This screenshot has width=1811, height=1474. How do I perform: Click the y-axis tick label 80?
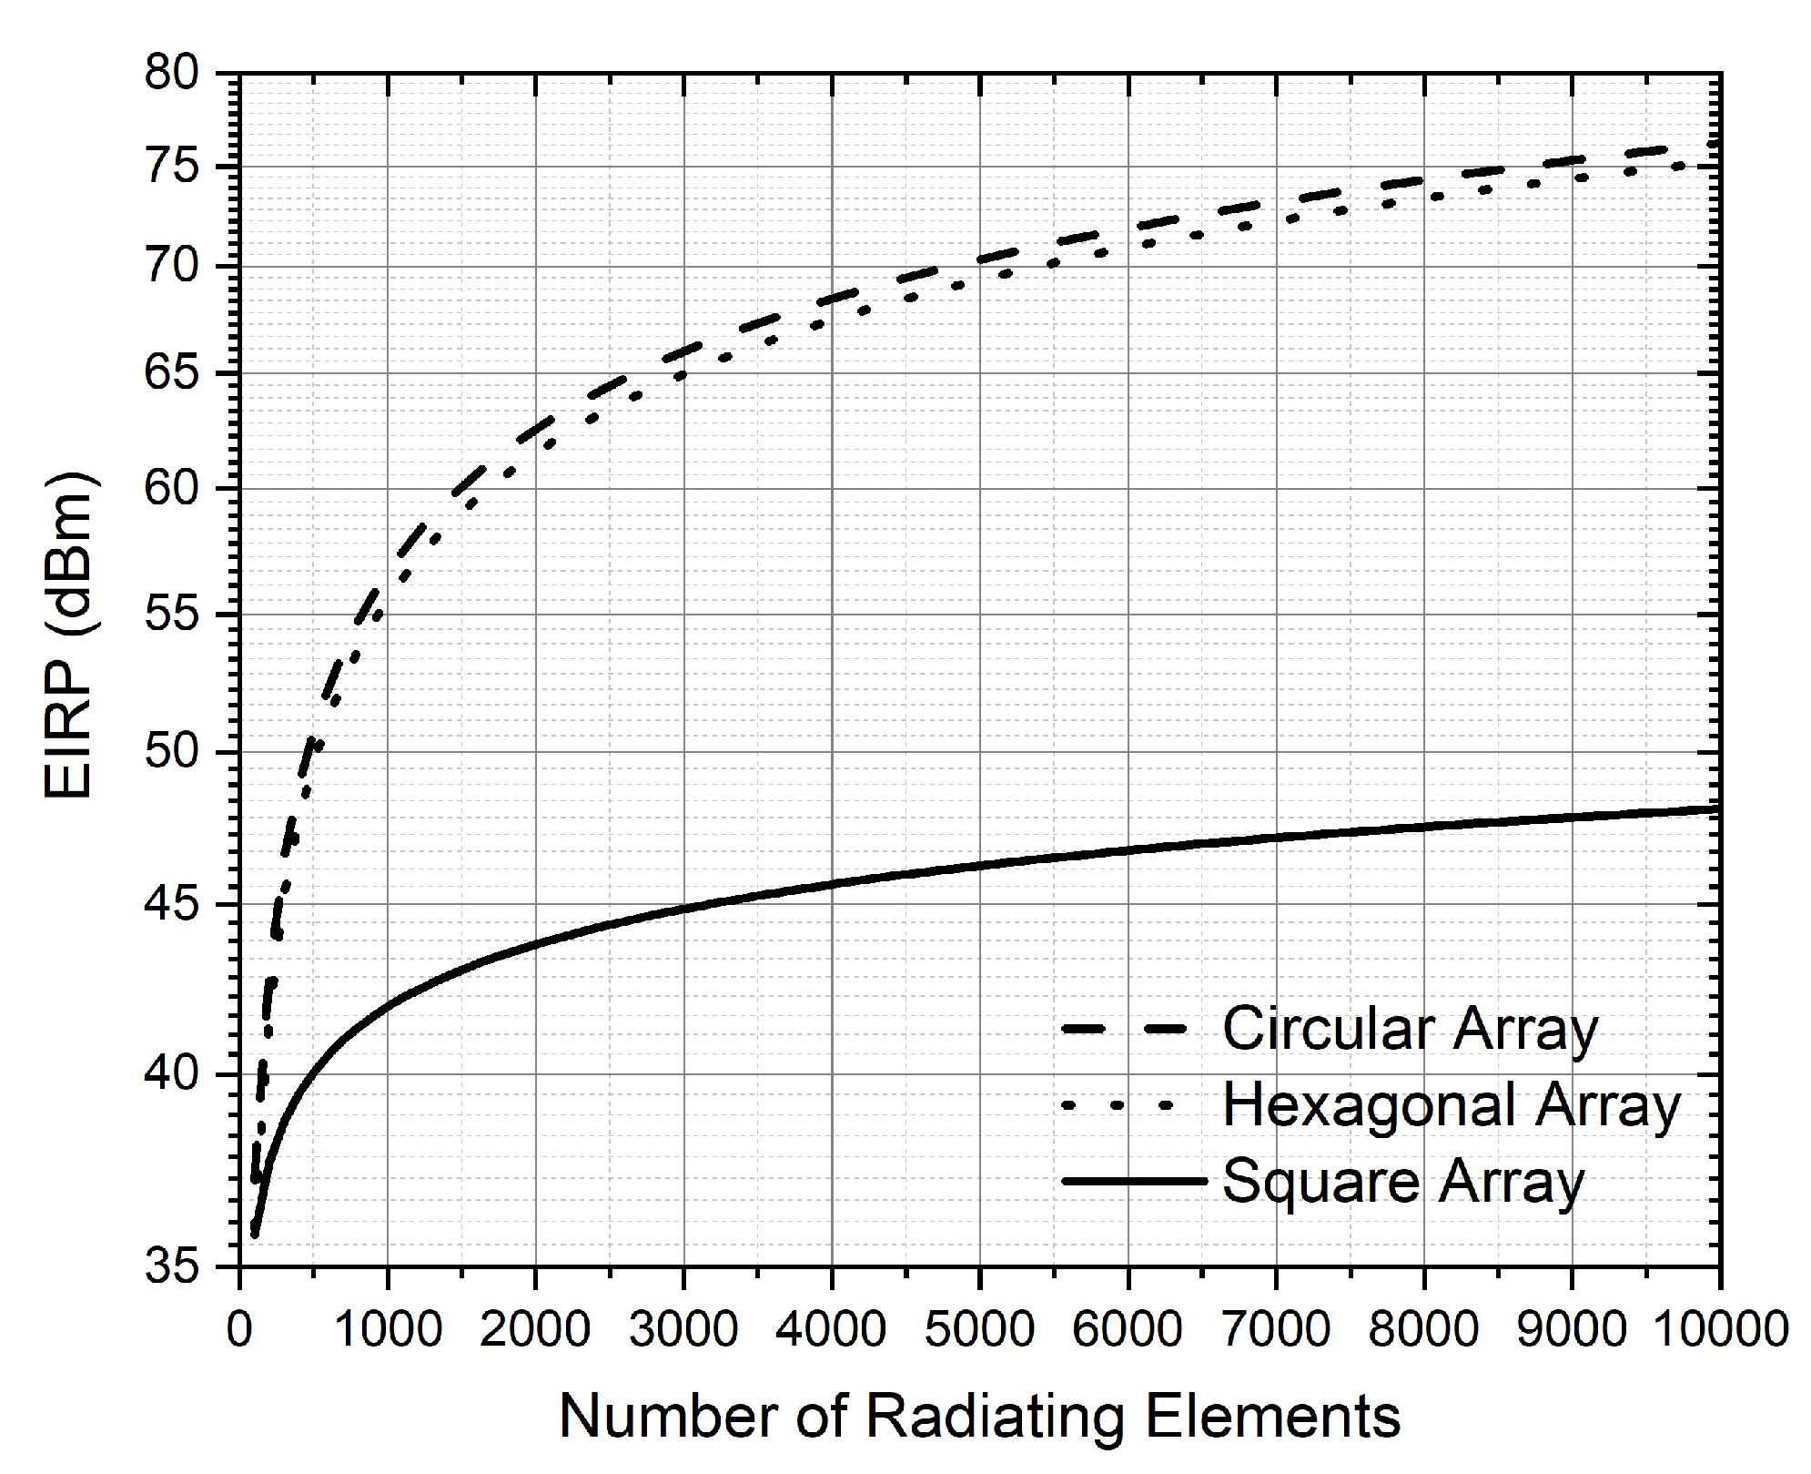pos(171,73)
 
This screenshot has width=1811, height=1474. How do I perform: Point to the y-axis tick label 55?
pos(171,615)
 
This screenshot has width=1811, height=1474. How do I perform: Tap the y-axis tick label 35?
pos(171,1266)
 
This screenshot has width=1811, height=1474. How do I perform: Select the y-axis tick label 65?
pos(171,373)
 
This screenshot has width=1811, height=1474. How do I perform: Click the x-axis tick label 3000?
pos(683,1330)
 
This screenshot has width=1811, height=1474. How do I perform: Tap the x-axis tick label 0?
pos(239,1330)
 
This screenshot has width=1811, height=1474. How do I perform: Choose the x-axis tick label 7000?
pos(1276,1330)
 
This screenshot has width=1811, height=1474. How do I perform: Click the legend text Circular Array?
pos(1410,1030)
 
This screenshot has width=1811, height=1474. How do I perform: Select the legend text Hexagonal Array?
pos(1451,1106)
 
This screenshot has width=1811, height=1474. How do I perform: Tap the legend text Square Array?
pos(1402,1183)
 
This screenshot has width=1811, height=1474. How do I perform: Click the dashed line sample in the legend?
pos(1125,1030)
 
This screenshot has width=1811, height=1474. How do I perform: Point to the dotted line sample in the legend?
pos(1118,1106)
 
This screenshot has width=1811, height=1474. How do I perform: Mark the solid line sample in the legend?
pos(1134,1182)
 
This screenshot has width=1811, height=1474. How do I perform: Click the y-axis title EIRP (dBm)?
pos(69,635)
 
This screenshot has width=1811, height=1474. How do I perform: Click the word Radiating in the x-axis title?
pos(997,1417)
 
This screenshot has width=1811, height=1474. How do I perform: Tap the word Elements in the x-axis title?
pos(1272,1417)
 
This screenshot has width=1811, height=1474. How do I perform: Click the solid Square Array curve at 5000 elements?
pos(980,865)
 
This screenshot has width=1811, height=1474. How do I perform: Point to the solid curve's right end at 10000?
pos(1717,808)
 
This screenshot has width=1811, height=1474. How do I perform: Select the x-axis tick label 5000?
pos(980,1330)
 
